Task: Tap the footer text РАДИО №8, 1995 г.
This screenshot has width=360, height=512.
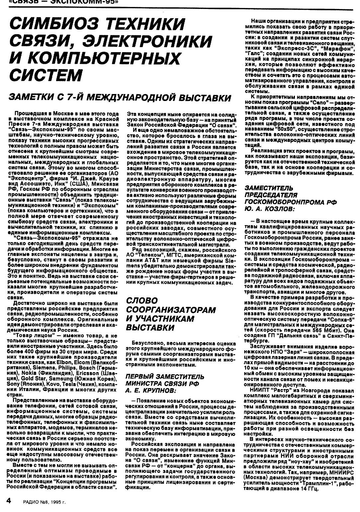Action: [45, 502]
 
